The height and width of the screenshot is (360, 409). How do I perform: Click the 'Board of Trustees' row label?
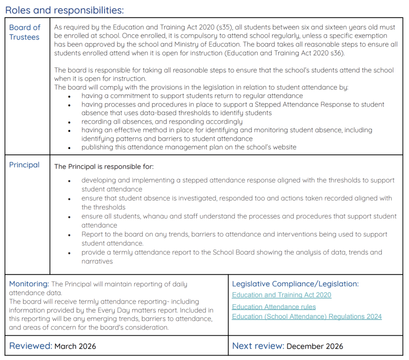24,32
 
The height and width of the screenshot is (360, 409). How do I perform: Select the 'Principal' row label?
24,165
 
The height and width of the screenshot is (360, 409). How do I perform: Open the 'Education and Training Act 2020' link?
282,295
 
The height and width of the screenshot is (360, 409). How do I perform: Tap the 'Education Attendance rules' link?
274,307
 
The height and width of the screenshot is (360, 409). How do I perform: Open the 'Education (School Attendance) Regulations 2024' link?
307,316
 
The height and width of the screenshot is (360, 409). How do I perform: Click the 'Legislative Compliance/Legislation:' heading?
295,284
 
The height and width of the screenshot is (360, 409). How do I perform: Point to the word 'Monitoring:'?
29,284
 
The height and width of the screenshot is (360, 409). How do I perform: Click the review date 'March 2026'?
75,346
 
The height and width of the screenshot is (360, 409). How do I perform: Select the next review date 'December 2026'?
315,346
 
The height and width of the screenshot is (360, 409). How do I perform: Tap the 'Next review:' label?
258,346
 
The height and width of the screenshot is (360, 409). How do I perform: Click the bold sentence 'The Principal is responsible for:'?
104,166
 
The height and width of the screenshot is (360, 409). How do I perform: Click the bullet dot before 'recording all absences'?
69,122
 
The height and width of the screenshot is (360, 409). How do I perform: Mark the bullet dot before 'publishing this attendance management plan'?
69,147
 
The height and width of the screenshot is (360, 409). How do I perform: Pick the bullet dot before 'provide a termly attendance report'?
69,253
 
